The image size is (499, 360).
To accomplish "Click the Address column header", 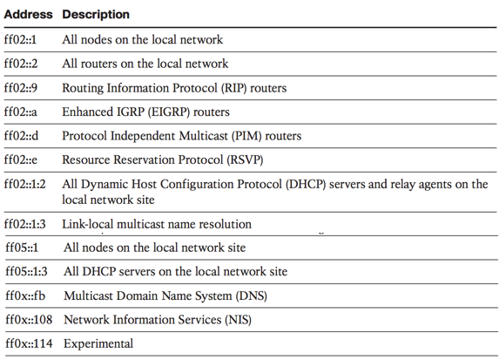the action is [29, 14].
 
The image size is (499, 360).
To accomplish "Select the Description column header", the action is [96, 15].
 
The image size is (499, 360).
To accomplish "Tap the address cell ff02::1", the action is [20, 39].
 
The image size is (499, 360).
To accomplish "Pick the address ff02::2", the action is [21, 64].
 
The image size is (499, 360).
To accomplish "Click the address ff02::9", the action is [21, 88].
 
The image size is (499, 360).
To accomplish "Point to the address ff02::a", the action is [20, 112].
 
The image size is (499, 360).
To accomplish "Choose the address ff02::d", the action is [21, 136].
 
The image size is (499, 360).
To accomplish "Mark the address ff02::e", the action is [21, 160].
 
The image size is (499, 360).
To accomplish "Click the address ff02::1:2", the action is [25, 184].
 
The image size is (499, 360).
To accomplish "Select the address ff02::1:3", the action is [25, 224].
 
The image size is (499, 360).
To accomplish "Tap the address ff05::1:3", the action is [26, 271].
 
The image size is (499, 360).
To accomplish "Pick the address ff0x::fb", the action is [25, 295].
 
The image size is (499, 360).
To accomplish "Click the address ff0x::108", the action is [29, 320].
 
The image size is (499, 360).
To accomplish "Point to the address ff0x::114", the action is [29, 343].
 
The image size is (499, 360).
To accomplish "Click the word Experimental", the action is [98, 343].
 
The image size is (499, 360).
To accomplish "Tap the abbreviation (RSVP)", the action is [245, 160].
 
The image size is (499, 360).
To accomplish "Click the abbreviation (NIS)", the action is [238, 320].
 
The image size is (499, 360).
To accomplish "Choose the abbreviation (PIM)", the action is [246, 136].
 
